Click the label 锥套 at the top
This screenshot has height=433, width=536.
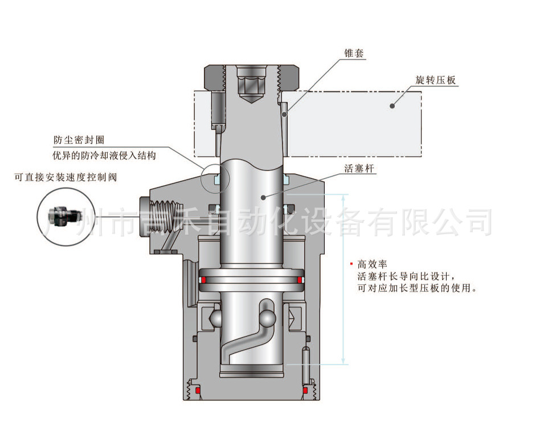pos(354,53)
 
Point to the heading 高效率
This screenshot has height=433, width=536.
pos(372,264)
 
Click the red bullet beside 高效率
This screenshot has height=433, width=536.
pos(352,264)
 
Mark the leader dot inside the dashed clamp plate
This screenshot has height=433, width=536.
pos(392,105)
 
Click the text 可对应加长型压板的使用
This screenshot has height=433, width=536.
pos(416,288)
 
